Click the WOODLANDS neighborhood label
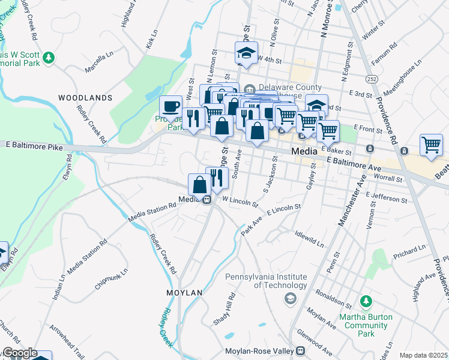[85, 97]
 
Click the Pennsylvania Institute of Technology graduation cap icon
[291, 298]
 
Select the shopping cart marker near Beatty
[431, 145]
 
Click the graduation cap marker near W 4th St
[246, 53]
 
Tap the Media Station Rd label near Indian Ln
[88, 257]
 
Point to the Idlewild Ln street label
[309, 238]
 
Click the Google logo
[20, 353]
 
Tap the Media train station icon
[206, 200]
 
